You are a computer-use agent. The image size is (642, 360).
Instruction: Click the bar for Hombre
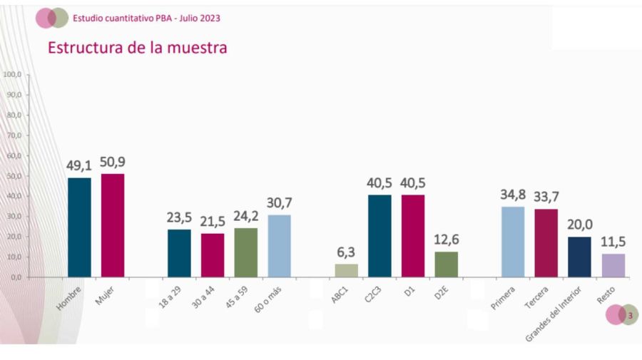pyautogui.click(x=79, y=227)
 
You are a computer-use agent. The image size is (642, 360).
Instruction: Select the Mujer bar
pyautogui.click(x=113, y=225)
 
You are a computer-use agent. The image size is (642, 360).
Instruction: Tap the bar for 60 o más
pyautogui.click(x=279, y=245)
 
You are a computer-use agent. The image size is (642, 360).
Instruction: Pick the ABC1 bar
pyautogui.click(x=346, y=270)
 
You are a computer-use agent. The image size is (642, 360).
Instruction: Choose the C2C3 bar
pyautogui.click(x=379, y=235)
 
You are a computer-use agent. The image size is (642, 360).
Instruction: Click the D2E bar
pyautogui.click(x=446, y=264)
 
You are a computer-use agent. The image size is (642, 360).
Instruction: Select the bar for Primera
pyautogui.click(x=513, y=241)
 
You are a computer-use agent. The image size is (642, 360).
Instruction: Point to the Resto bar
pyautogui.click(x=613, y=265)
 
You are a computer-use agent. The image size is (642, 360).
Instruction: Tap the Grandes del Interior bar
pyautogui.click(x=580, y=257)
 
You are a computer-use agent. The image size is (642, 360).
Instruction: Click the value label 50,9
pyautogui.click(x=113, y=163)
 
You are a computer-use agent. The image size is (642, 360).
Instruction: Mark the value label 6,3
pyautogui.click(x=346, y=252)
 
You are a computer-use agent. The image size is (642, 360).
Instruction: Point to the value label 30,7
pyautogui.click(x=279, y=203)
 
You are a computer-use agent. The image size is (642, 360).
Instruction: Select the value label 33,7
pyautogui.click(x=546, y=197)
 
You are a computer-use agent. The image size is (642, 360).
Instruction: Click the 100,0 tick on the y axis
pyautogui.click(x=14, y=74)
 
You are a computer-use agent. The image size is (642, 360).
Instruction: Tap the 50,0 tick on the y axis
pyautogui.click(x=16, y=175)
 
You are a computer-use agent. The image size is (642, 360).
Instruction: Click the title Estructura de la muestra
pyautogui.click(x=137, y=48)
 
